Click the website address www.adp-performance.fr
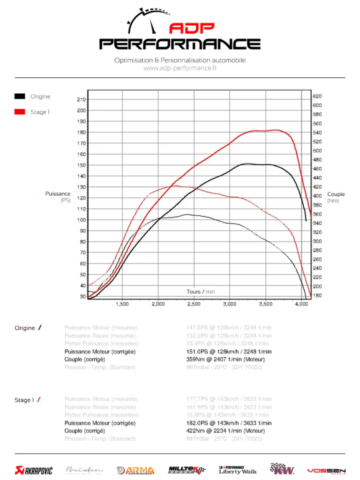click(x=180, y=68)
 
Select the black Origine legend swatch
click(x=20, y=97)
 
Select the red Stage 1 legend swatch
click(x=20, y=112)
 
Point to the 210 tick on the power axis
click(x=81, y=99)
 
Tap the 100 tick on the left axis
click(x=81, y=220)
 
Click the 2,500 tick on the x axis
click(x=194, y=304)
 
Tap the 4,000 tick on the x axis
click(x=301, y=304)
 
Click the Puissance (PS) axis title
click(x=58, y=197)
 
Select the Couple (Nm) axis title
click(x=336, y=197)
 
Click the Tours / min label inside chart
click(x=201, y=292)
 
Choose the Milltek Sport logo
click(x=187, y=470)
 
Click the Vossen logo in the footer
click(x=326, y=471)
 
